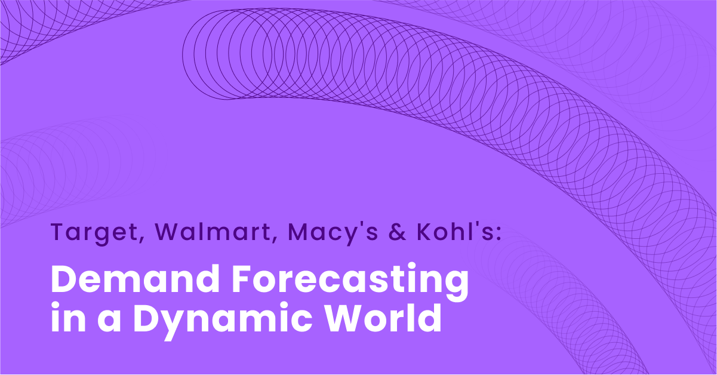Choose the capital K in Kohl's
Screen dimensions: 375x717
[x=427, y=232]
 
